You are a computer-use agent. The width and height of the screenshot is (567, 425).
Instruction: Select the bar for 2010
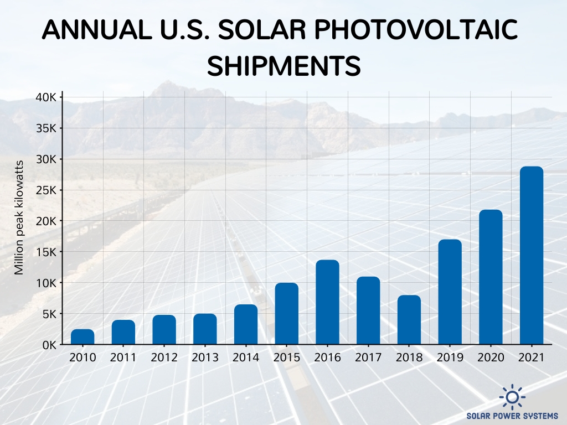pyautogui.click(x=83, y=337)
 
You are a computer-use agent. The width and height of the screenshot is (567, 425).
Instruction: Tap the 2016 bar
pyautogui.click(x=327, y=302)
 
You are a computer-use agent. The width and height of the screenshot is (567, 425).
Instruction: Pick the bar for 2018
pyautogui.click(x=409, y=320)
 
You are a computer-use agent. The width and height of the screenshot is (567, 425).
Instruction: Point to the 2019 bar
pyautogui.click(x=450, y=292)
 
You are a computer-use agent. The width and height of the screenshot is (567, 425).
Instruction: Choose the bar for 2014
pyautogui.click(x=246, y=324)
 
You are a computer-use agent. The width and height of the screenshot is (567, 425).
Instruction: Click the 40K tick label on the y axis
pyautogui.click(x=45, y=97)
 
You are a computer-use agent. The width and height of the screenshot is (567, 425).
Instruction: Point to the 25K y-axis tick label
pyautogui.click(x=45, y=190)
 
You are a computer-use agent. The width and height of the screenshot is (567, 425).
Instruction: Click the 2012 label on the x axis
pyautogui.click(x=164, y=357)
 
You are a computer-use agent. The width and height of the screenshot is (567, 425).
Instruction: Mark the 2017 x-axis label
pyautogui.click(x=368, y=357)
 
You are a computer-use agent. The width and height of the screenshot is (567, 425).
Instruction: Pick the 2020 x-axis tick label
pyautogui.click(x=491, y=357)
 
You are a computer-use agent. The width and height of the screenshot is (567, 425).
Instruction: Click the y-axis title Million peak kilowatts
pyautogui.click(x=19, y=217)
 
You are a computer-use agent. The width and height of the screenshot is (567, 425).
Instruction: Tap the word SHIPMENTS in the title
pyautogui.click(x=283, y=66)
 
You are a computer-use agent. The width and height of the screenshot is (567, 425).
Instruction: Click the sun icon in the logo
pyautogui.click(x=512, y=396)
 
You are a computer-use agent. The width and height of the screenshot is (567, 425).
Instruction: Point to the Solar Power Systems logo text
pyautogui.click(x=512, y=416)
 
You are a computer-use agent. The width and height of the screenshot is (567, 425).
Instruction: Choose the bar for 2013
pyautogui.click(x=205, y=329)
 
